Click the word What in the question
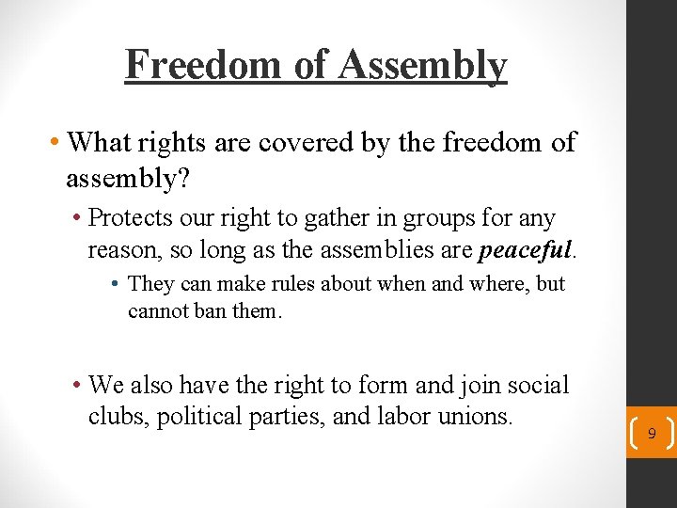pyautogui.click(x=102, y=142)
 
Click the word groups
pyautogui.click(x=436, y=218)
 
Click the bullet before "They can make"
pyautogui.click(x=114, y=284)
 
